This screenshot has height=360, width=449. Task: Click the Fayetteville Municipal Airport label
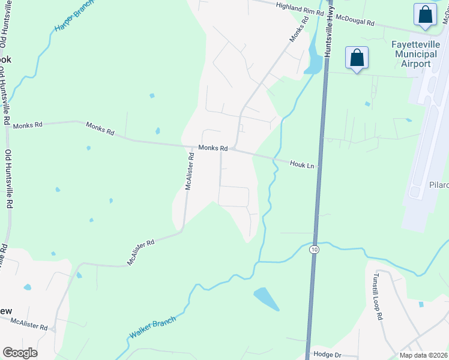(x=416, y=54)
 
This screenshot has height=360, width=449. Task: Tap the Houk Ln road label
(x=302, y=164)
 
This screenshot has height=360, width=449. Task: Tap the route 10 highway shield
(x=314, y=248)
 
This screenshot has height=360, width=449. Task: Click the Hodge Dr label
(x=328, y=355)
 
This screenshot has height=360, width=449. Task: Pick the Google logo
(x=20, y=353)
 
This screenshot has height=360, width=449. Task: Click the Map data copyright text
(x=424, y=355)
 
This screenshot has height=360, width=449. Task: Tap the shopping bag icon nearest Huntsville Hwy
(x=357, y=58)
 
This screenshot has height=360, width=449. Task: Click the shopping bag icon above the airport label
(x=425, y=15)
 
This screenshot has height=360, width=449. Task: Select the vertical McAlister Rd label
(x=190, y=171)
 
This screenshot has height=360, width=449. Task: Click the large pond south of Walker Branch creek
(x=266, y=298)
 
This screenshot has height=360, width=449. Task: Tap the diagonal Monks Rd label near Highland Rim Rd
(x=298, y=28)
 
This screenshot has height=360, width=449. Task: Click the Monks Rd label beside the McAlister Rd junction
(x=213, y=148)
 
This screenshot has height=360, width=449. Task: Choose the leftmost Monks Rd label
(x=28, y=125)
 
